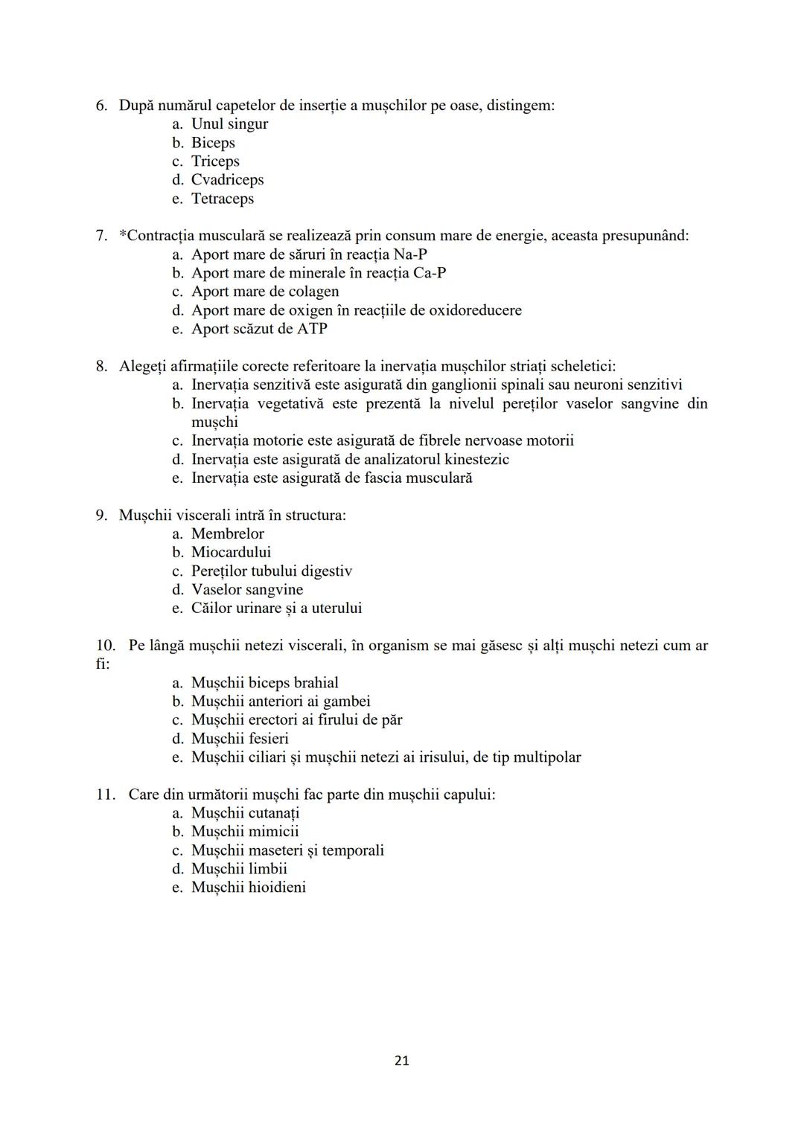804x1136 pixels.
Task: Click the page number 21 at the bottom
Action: (401, 1060)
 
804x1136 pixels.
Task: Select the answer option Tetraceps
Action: (222, 199)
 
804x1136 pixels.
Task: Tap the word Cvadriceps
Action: (227, 180)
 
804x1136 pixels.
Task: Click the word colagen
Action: (313, 292)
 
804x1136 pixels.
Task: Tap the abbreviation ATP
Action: (312, 329)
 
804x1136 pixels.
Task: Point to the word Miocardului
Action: (231, 552)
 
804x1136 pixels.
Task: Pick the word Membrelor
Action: (227, 533)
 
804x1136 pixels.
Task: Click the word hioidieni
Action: (277, 888)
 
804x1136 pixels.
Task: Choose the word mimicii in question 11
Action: (273, 832)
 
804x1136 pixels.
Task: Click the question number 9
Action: (101, 515)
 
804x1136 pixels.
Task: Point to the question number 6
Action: (101, 106)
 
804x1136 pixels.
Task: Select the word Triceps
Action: (215, 161)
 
